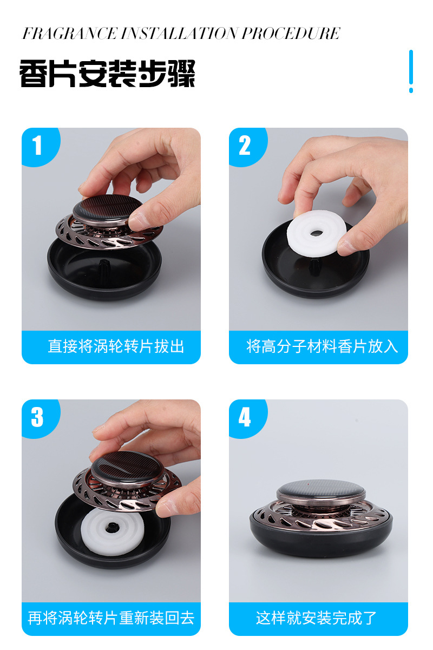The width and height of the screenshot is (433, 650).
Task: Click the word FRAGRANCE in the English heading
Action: pos(70,34)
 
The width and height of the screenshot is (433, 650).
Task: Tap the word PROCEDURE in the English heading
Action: pos(291,34)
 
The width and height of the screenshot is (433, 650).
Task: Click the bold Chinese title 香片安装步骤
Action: pos(107,74)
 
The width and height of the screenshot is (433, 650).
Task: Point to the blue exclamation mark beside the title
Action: pos(411,71)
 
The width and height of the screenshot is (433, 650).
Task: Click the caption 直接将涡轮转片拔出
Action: pos(116,346)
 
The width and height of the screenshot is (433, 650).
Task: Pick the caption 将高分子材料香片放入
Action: pos(322,346)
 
